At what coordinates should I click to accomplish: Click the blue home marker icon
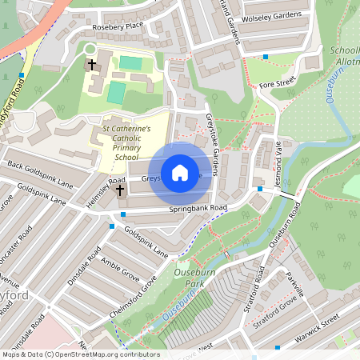pyautogui.click(x=180, y=172)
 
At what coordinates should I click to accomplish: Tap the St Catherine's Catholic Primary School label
pyautogui.click(x=126, y=142)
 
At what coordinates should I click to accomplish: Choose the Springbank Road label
pyautogui.click(x=198, y=209)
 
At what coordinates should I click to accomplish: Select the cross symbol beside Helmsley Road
pyautogui.click(x=121, y=190)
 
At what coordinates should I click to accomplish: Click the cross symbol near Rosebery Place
pyautogui.click(x=91, y=63)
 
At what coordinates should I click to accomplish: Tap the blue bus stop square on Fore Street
pyautogui.click(x=266, y=57)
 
